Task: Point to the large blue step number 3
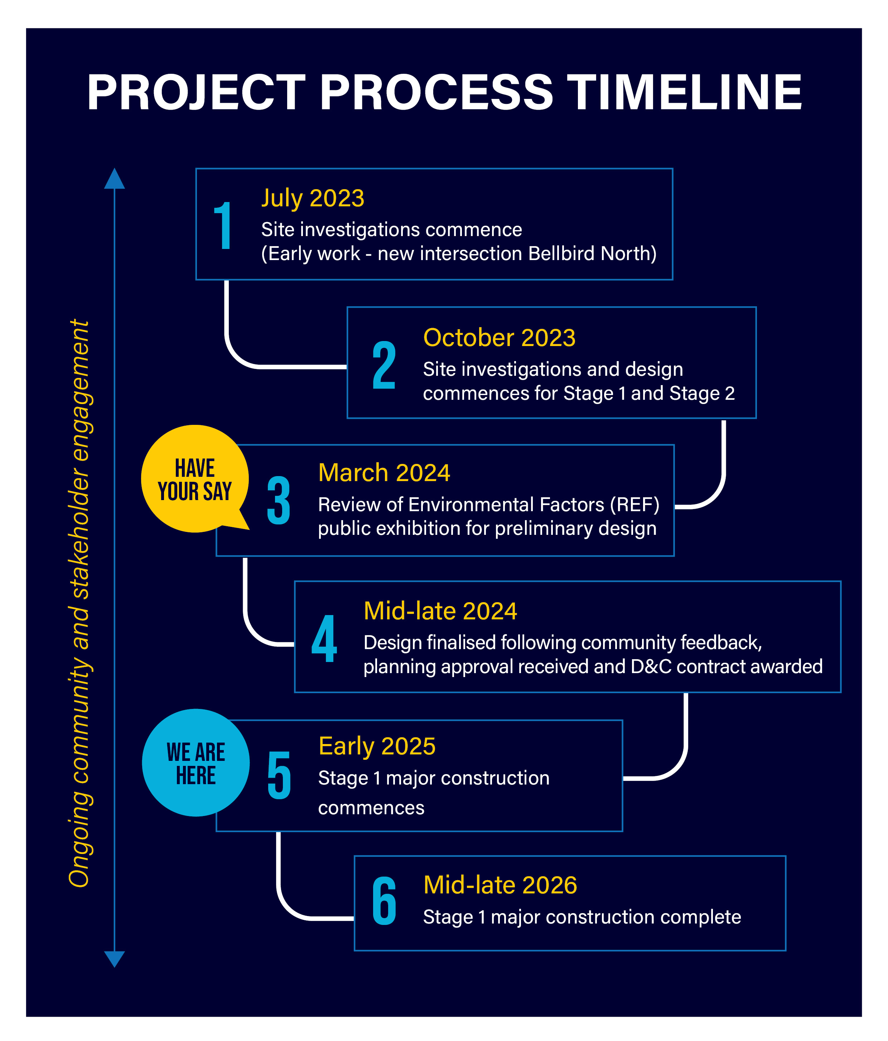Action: tap(279, 500)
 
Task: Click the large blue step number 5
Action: tap(279, 775)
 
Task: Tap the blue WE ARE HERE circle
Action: tap(196, 763)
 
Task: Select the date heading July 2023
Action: tap(312, 198)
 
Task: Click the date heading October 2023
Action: tap(499, 337)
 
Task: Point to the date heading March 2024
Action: tap(384, 473)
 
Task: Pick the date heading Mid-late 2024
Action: tap(440, 611)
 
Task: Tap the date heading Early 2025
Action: tap(377, 747)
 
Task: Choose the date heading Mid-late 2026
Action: tap(500, 885)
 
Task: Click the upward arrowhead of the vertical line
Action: tap(115, 178)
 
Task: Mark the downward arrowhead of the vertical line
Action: tap(115, 959)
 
